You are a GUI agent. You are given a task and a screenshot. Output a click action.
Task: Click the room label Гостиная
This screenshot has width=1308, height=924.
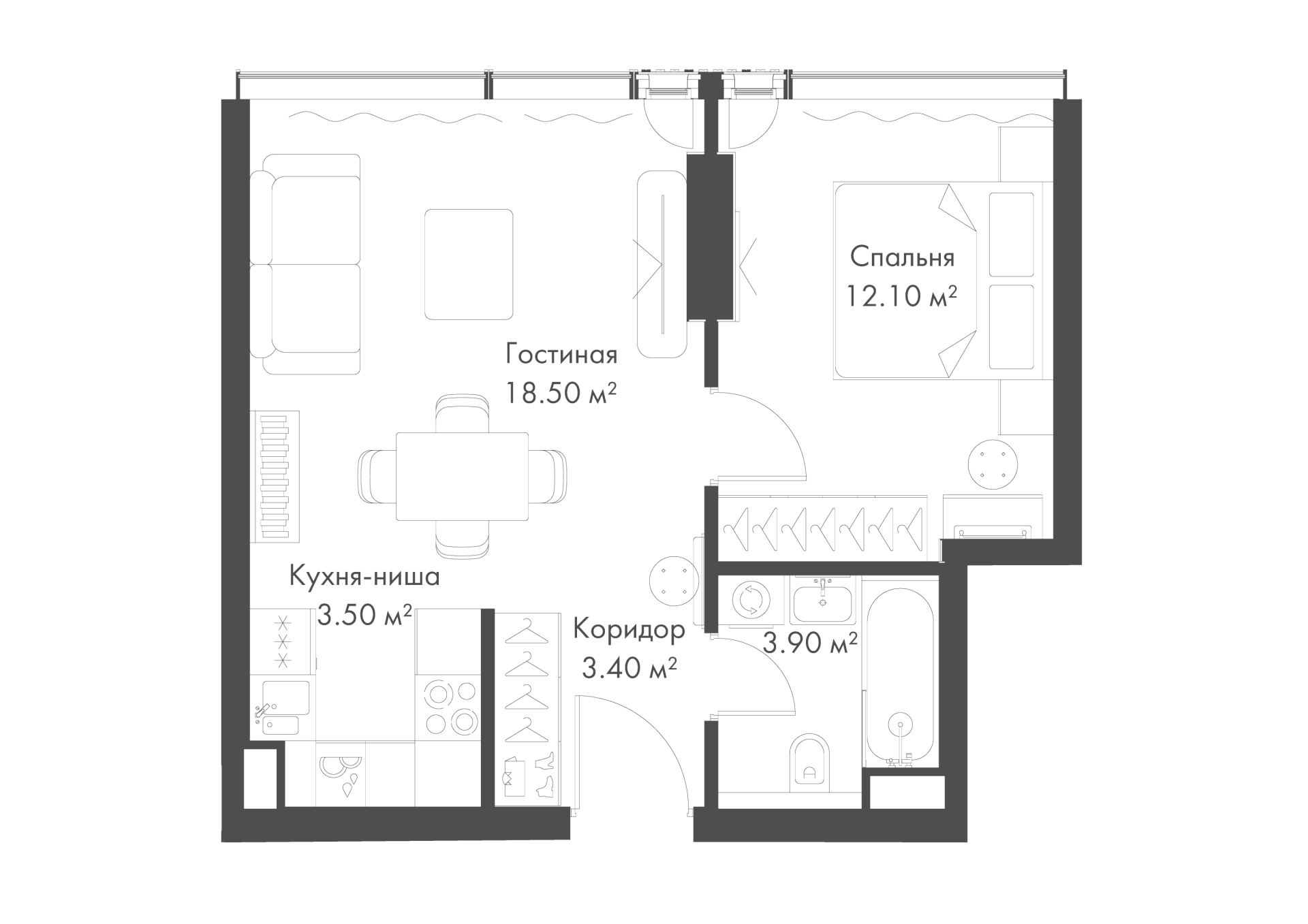pos(561,355)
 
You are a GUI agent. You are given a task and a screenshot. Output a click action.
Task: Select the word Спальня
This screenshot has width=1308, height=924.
pos(902,257)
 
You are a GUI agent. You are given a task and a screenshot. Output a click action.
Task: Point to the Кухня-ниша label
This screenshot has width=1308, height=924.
pos(364,577)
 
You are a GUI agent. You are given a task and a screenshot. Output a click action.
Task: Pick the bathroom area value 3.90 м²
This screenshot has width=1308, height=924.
pos(809,642)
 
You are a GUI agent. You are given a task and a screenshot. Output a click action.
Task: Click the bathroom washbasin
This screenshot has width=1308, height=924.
pos(822,599)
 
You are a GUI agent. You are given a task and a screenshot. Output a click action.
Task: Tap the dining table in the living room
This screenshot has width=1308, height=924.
pos(463,477)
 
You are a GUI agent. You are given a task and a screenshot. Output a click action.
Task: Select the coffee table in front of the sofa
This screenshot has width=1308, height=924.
pos(469,264)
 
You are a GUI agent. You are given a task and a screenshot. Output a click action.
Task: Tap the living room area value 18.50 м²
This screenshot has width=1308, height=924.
pos(561,393)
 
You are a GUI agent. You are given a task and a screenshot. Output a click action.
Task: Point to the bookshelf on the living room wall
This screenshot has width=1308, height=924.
pos(276,477)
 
